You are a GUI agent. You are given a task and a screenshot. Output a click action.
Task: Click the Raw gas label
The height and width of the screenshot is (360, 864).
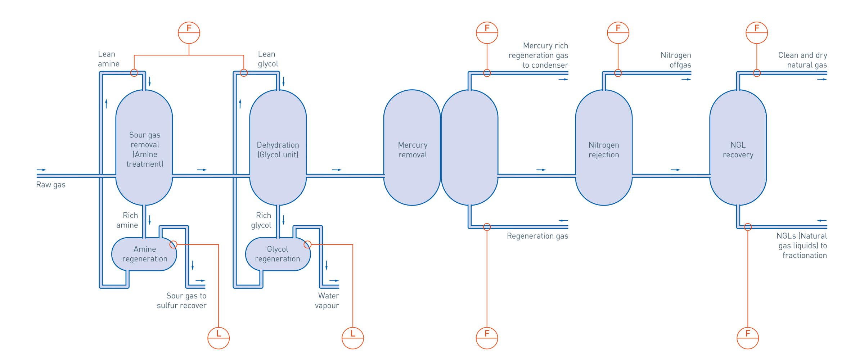coord(51,185)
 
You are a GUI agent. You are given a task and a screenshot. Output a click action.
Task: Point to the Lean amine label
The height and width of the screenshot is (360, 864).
coord(108,59)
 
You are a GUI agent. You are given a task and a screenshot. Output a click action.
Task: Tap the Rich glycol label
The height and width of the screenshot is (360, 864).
coord(261,220)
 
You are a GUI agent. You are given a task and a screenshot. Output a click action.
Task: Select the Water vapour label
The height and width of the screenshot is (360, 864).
coord(327,301)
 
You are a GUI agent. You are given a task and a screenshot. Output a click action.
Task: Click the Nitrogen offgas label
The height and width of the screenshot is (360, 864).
coord(676,60)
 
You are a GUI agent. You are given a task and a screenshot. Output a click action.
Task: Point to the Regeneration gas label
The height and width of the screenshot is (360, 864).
coord(537,236)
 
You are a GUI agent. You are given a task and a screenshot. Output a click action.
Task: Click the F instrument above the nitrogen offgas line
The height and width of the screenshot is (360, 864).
coord(618,33)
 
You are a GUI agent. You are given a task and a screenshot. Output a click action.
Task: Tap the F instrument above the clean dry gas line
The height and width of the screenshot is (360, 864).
coord(757,33)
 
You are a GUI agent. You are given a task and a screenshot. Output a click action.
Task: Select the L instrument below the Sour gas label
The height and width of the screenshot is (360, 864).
coord(219,338)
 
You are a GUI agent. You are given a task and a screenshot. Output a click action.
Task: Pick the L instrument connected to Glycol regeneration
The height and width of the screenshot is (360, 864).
coord(353,338)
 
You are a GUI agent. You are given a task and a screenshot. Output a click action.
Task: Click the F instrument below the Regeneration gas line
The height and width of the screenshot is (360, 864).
coord(487,338)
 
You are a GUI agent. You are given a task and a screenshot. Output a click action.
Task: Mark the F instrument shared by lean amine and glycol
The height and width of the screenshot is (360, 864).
coord(189,33)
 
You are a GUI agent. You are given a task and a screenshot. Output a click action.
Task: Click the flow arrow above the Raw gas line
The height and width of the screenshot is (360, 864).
coord(42,170)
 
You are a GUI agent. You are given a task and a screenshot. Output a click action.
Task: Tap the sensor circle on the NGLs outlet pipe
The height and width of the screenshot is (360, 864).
coord(748,227)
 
